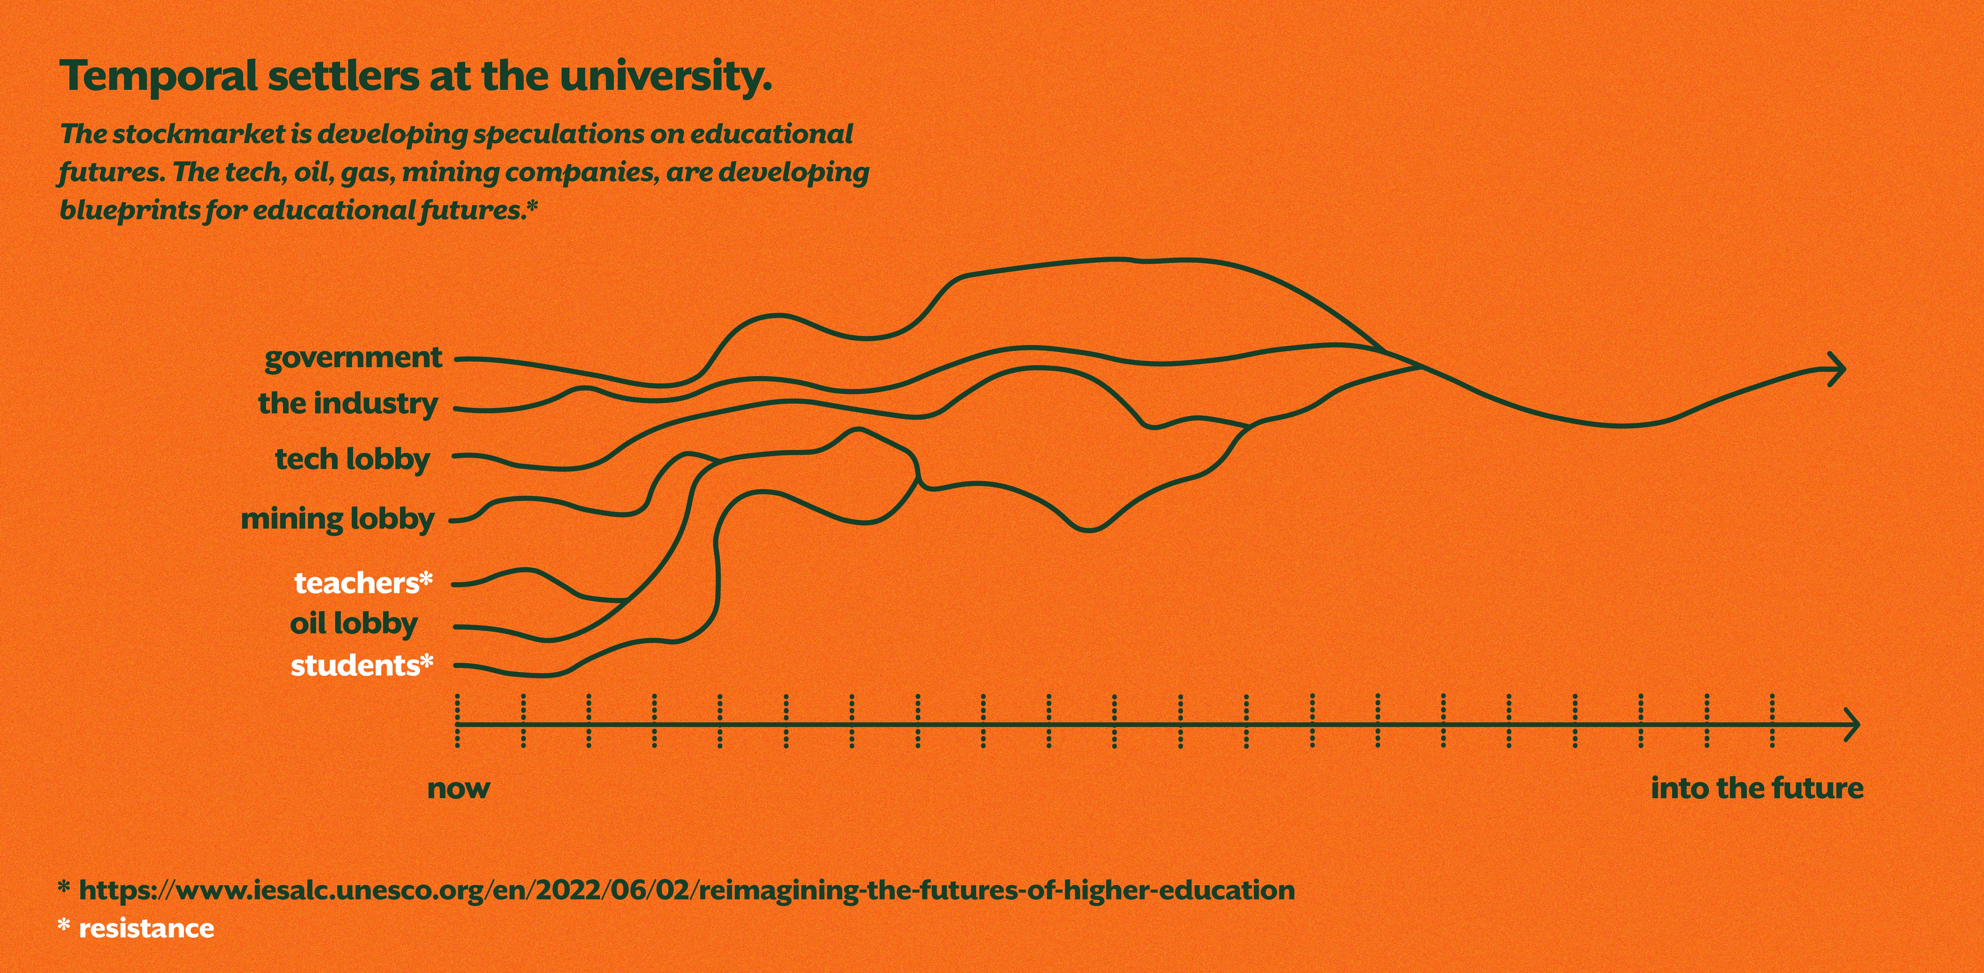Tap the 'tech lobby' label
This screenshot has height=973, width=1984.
coord(352,459)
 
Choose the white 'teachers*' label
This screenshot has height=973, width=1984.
coord(363,583)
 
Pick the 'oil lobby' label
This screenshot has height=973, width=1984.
coord(353,623)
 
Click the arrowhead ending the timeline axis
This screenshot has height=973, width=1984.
coord(1852,725)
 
